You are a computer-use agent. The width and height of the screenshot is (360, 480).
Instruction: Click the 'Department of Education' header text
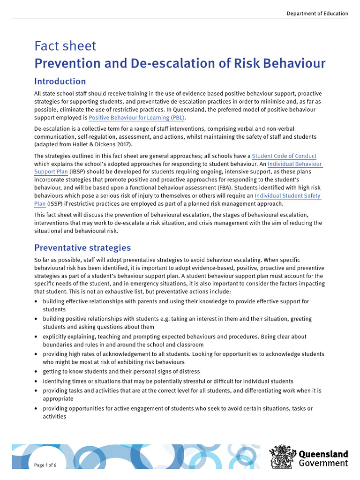click(x=317, y=14)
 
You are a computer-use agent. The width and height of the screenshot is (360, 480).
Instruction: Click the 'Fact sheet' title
click(x=65, y=46)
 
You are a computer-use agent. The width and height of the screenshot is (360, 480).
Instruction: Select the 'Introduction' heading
click(x=60, y=81)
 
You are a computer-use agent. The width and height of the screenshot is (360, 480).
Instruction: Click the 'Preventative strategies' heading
click(x=82, y=247)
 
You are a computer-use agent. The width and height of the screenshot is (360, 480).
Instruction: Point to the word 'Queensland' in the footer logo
click(x=323, y=454)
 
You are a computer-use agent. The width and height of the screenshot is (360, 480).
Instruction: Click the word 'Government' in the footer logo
click(x=323, y=464)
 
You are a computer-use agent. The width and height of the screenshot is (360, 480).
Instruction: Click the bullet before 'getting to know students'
click(x=37, y=372)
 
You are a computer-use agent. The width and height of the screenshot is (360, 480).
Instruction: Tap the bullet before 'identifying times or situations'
click(x=37, y=381)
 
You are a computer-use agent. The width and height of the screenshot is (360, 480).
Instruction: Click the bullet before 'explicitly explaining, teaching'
click(x=37, y=337)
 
